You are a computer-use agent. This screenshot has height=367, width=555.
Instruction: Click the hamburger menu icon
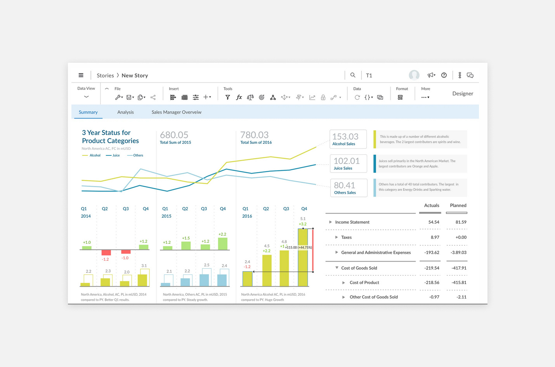tap(81, 75)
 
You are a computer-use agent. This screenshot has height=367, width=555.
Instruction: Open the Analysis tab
tap(125, 112)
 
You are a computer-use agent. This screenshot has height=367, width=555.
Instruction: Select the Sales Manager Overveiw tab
tap(176, 112)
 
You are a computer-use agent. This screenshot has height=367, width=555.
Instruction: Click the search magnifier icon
tap(353, 75)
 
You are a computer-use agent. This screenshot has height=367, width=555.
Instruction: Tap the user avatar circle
tap(414, 75)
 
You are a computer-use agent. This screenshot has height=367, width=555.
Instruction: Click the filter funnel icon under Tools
tap(228, 97)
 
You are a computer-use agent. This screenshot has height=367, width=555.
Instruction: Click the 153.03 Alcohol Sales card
tap(348, 139)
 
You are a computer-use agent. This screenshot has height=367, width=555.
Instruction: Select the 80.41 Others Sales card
tap(349, 188)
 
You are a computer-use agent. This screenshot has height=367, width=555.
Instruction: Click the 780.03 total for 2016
tap(255, 135)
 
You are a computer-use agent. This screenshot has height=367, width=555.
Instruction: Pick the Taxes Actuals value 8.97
tap(435, 237)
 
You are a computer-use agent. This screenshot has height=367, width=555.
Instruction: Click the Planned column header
tap(458, 205)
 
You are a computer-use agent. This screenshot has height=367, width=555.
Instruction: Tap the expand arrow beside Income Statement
tap(330, 222)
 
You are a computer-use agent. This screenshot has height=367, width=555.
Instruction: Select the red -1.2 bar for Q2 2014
tap(106, 252)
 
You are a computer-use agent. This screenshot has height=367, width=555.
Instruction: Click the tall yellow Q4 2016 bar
tap(303, 258)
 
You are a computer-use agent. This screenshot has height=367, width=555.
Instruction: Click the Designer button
tap(463, 93)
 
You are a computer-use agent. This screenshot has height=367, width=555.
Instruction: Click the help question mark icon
tap(444, 75)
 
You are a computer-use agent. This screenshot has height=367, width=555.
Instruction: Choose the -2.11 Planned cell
tap(461, 297)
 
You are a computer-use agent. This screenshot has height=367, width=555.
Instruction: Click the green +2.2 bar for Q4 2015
tap(223, 244)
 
